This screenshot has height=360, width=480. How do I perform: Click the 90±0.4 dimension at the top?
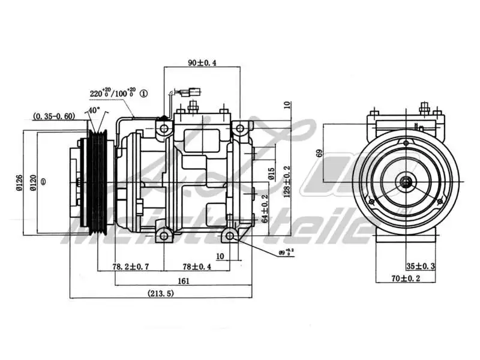click(x=202, y=62)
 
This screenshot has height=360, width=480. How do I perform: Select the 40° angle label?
click(x=94, y=110)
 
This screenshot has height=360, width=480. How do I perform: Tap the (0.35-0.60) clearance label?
click(x=54, y=116)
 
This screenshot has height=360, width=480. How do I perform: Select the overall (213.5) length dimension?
click(x=162, y=293)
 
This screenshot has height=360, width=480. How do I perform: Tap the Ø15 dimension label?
click(x=271, y=174)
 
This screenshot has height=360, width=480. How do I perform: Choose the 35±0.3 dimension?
click(x=421, y=266)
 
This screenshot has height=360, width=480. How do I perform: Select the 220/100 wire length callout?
click(x=112, y=94)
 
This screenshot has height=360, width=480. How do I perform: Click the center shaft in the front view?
click(x=407, y=182)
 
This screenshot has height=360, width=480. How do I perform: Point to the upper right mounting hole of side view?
click(x=239, y=128)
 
